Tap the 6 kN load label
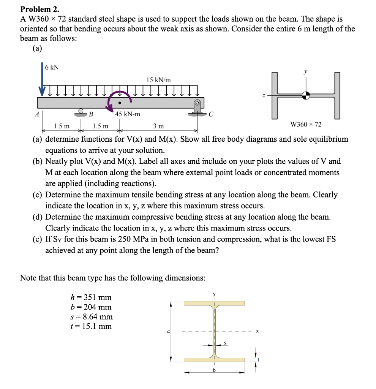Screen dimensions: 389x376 coord(52,68)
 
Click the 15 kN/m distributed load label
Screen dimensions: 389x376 coord(158,80)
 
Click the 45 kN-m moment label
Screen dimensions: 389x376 coord(128,114)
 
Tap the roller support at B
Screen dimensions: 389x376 coord(80,111)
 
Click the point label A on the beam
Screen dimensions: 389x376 coord(37,113)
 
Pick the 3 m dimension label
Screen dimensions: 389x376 coord(158,126)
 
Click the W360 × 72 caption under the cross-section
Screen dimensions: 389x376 coord(306,124)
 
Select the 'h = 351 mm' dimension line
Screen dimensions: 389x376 coord(91,297)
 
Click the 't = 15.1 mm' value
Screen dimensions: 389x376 coord(92,326)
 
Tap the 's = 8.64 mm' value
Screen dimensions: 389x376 coord(92,316)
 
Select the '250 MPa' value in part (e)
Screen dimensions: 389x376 coord(147,239)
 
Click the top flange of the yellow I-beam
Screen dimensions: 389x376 coord(214,303)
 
